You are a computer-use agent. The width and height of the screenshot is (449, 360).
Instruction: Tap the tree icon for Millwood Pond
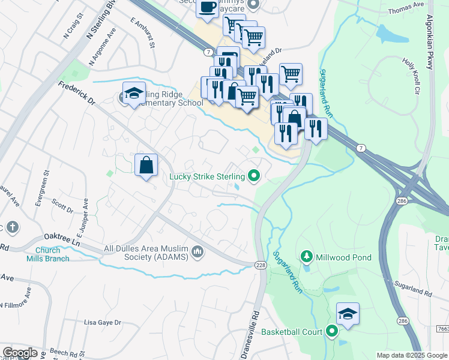pyautogui.click(x=307, y=257)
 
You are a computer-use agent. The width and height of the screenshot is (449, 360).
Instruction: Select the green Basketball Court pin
pyautogui.click(x=332, y=331)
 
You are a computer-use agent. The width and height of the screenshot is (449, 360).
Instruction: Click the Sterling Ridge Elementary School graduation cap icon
pyautogui.click(x=134, y=93)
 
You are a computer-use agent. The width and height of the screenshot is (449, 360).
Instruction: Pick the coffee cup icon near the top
pyautogui.click(x=207, y=8)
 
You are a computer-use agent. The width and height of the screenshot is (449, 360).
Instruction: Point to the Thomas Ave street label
pyautogui.click(x=406, y=10)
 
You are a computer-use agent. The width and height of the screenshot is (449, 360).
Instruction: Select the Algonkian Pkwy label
pyautogui.click(x=430, y=36)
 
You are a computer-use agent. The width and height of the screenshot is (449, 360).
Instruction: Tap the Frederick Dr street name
pyautogui.click(x=77, y=94)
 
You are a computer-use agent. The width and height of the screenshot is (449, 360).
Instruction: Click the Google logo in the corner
pyautogui.click(x=20, y=353)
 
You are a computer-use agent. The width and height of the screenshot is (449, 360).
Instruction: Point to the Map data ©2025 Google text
pyautogui.click(x=412, y=355)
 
